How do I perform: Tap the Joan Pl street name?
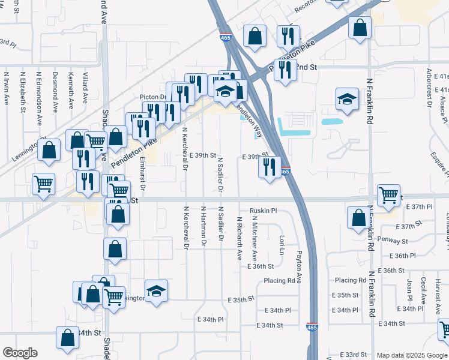pos(410,289)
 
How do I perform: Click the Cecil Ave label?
pos(424,289)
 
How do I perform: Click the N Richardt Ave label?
pos(239,238)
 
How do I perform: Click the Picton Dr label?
pos(152,96)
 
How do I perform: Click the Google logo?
pos(20,353)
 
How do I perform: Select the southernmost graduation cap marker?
pos(157,291)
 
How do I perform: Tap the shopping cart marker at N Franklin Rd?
pos(388,194)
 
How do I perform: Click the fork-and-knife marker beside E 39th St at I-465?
pos(270,166)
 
